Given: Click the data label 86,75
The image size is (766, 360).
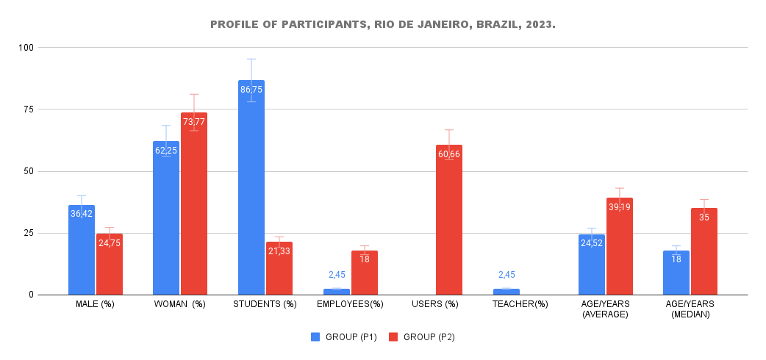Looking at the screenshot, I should [251, 90].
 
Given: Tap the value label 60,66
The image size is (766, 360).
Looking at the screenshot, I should [449, 154].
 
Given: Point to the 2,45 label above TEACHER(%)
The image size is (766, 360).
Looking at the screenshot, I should [507, 275].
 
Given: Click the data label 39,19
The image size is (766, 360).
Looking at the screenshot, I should [619, 207].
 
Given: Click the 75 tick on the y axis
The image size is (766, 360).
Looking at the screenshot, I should [28, 109].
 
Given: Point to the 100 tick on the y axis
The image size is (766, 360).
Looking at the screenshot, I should [26, 48].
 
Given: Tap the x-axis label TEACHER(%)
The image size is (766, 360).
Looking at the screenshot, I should [520, 304].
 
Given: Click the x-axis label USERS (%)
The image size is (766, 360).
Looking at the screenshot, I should [434, 304].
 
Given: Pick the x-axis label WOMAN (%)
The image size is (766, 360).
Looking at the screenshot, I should [179, 304].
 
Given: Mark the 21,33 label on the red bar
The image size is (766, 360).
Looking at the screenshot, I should [279, 251].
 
